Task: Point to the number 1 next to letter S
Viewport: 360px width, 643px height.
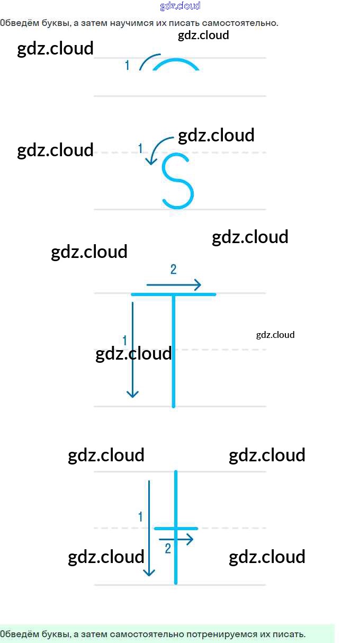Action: tap(140, 148)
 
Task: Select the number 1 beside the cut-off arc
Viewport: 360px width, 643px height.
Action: tap(127, 66)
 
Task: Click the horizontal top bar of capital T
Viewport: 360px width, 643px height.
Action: tap(173, 294)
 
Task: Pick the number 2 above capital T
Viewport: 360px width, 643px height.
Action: tap(173, 270)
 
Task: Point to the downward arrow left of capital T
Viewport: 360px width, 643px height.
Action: tap(132, 350)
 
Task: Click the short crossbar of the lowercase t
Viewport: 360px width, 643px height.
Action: tap(176, 528)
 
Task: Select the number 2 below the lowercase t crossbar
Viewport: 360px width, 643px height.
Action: tap(168, 549)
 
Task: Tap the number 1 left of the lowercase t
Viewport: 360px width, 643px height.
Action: tap(140, 516)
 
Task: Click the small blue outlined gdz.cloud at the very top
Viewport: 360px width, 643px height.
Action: tap(180, 6)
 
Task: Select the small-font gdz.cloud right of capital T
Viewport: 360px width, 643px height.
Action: tap(275, 335)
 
